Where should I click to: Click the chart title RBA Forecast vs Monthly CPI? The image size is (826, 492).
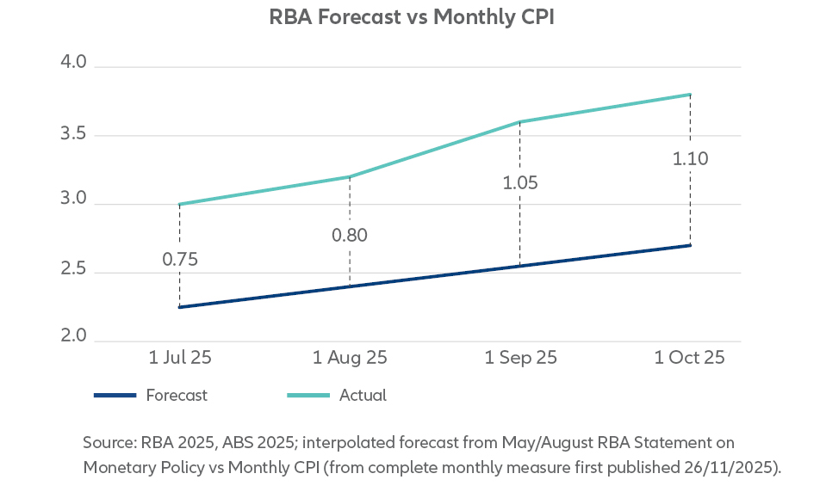[413, 19]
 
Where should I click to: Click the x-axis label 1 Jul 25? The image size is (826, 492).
[179, 357]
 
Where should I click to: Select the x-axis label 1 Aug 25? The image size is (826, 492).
[350, 357]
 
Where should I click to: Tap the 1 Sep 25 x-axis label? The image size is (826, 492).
[520, 357]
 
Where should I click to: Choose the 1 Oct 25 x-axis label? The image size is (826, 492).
[690, 357]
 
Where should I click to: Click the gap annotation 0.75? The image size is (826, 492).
[181, 259]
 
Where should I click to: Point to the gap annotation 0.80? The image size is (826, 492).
[350, 235]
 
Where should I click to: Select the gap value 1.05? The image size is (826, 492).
[520, 182]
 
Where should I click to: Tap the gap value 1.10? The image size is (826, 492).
[690, 159]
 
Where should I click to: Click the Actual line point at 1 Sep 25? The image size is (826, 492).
[520, 122]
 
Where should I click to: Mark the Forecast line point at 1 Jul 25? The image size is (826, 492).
[179, 307]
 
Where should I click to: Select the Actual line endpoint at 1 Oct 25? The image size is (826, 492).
[690, 95]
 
